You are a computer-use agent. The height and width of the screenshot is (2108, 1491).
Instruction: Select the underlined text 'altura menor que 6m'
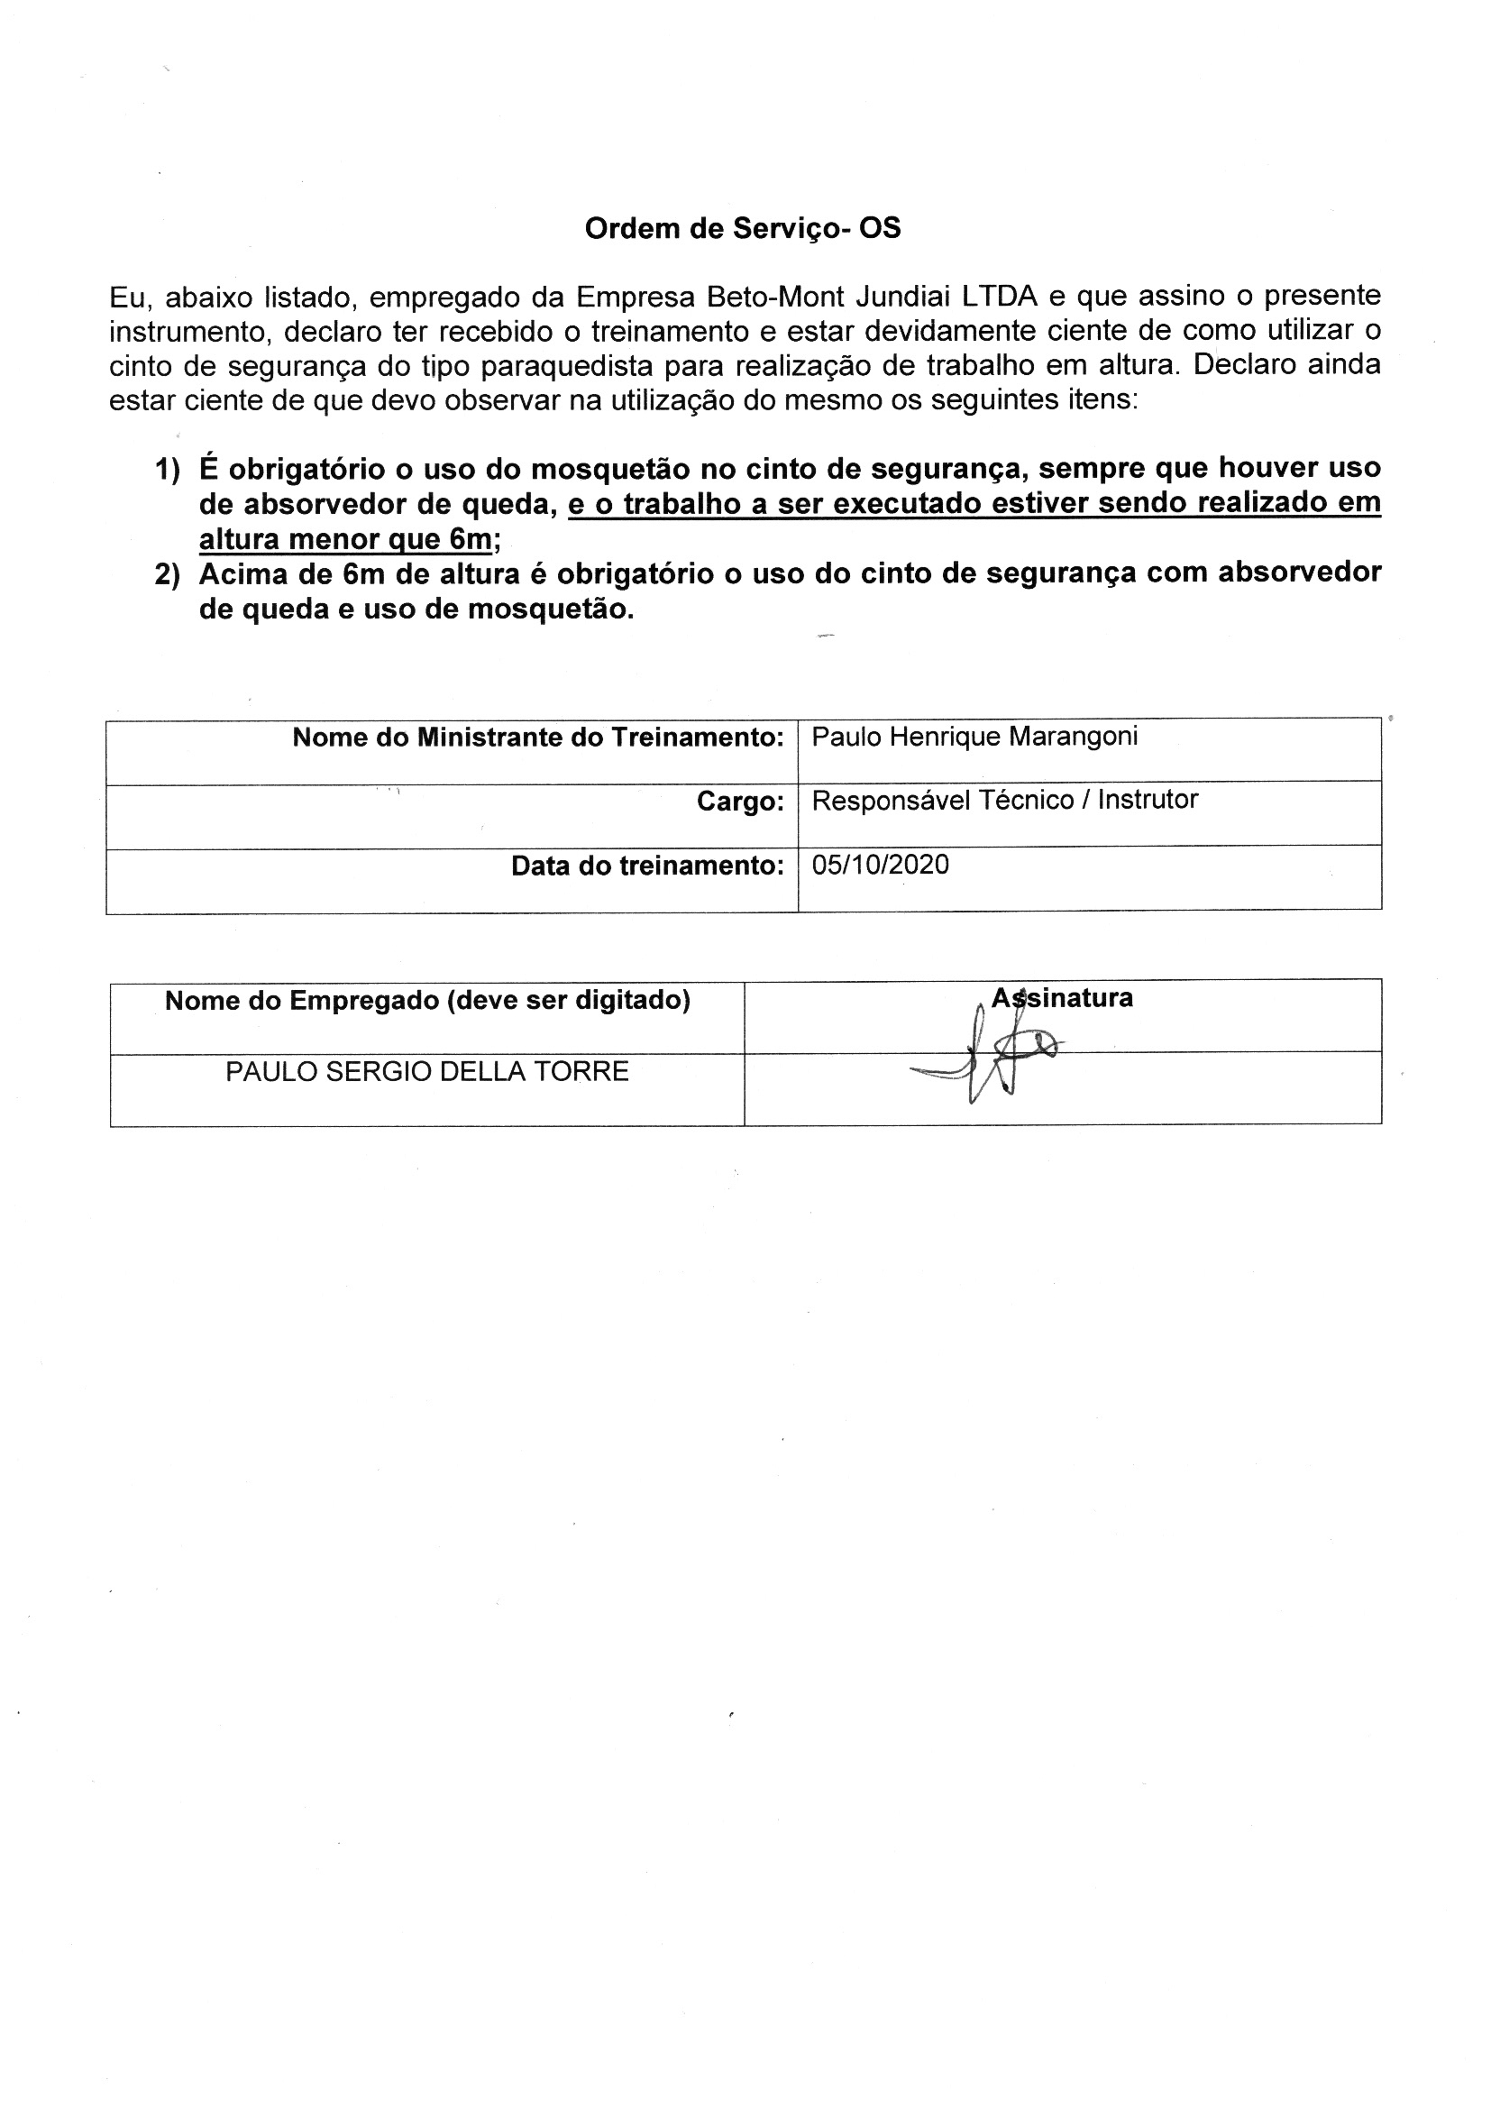[346, 539]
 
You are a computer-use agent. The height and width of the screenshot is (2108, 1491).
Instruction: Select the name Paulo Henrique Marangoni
[974, 737]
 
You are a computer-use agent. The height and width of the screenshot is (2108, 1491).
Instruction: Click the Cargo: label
[740, 802]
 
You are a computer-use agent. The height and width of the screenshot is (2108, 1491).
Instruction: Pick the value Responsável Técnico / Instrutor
[1004, 801]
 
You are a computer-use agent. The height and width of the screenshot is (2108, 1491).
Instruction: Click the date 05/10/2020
[881, 865]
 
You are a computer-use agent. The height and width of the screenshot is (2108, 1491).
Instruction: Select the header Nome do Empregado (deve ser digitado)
[428, 1001]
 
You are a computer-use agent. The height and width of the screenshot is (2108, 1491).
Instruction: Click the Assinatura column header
[1061, 999]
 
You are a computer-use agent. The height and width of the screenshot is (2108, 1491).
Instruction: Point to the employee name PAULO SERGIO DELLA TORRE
[427, 1071]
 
